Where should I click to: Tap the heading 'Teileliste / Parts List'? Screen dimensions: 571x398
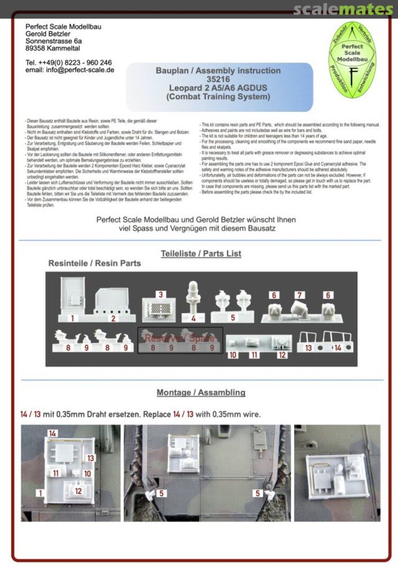coord(201,254)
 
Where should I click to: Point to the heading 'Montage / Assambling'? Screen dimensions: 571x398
coord(201,393)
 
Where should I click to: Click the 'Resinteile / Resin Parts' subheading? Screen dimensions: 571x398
coord(95,263)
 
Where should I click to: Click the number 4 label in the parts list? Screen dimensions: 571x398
coord(194,318)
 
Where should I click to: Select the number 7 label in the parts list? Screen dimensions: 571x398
coord(300,295)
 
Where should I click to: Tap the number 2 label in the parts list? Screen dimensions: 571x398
coord(113,318)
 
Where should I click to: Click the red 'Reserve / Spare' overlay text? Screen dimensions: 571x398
coord(180,338)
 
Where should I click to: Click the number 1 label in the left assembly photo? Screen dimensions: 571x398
coord(39,493)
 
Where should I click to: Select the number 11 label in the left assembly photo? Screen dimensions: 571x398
coord(56,473)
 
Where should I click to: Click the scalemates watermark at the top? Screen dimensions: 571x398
coord(343,10)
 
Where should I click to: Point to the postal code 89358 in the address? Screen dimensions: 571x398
coord(37,48)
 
